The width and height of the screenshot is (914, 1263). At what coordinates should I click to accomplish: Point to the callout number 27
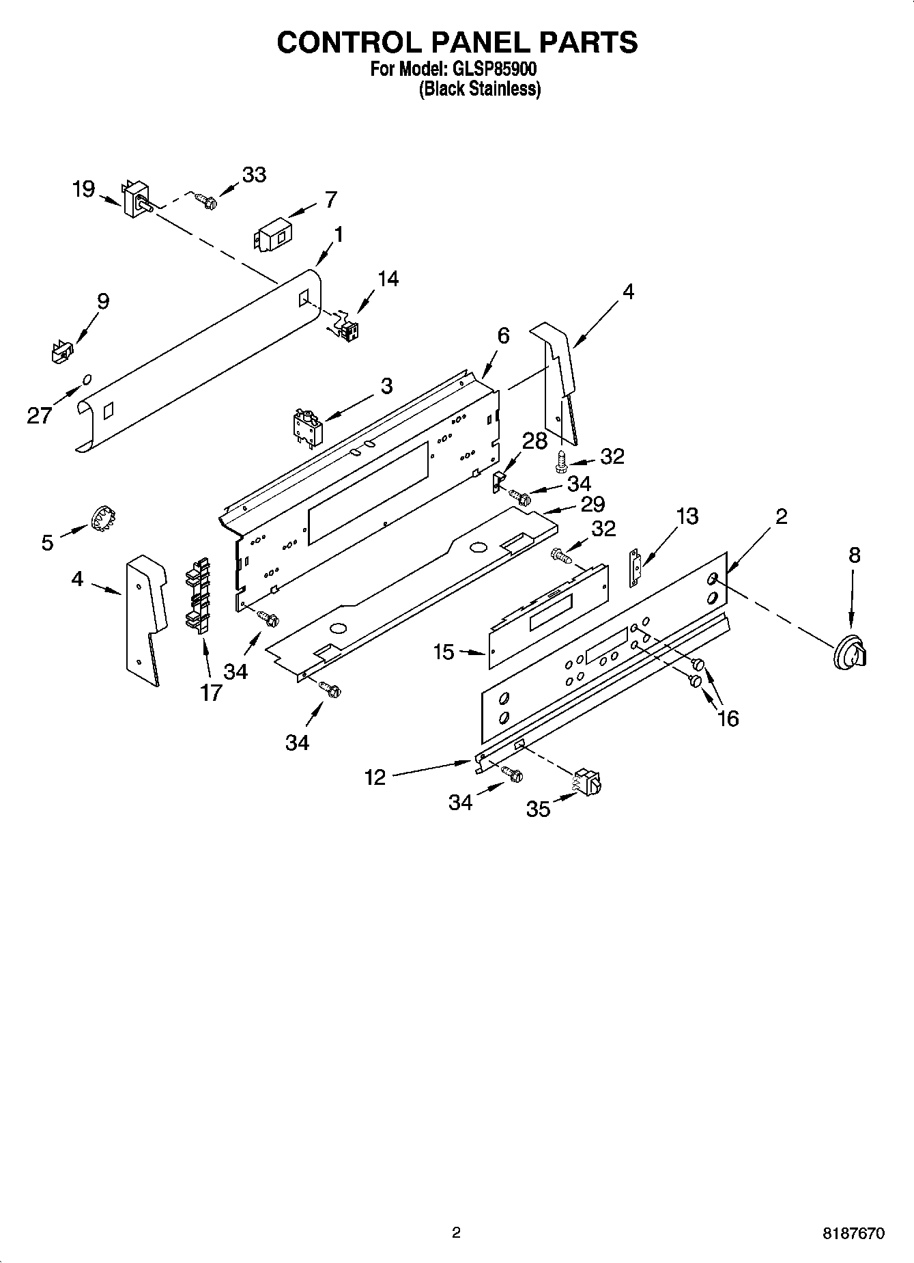coord(39,415)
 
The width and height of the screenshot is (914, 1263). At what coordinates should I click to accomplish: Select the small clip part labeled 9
coord(61,351)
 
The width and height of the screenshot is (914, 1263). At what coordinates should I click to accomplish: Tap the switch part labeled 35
coord(588,783)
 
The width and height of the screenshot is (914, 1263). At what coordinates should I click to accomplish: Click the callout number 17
coord(211,692)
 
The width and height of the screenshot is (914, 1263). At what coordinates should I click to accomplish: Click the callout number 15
coord(444,652)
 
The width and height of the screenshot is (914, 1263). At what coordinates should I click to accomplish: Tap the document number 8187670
coord(853,1234)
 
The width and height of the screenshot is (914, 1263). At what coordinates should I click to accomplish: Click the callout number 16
coord(728,718)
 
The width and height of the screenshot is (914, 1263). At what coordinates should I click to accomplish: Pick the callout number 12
coord(375,777)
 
